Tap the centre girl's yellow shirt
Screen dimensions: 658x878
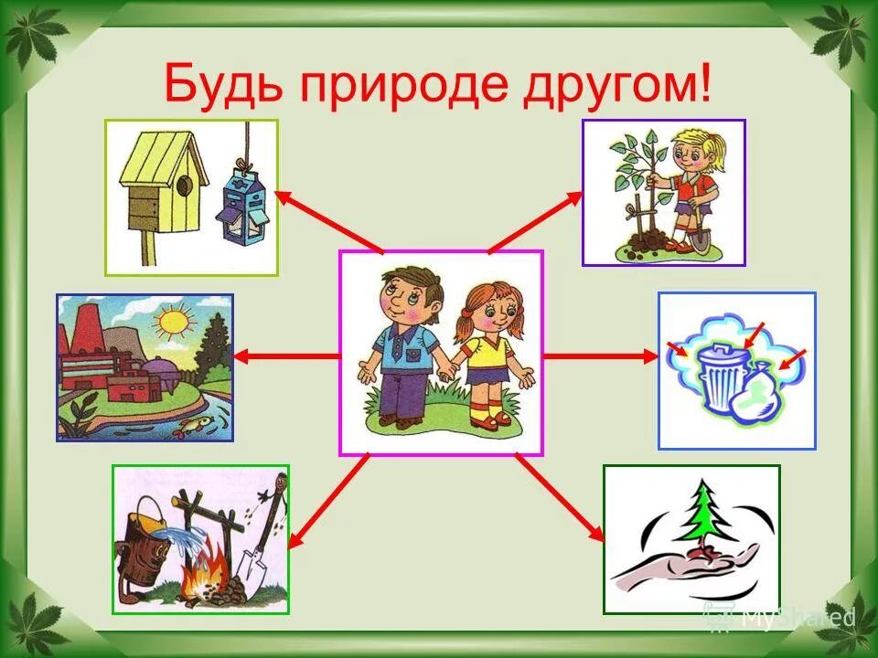click(x=485, y=356)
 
